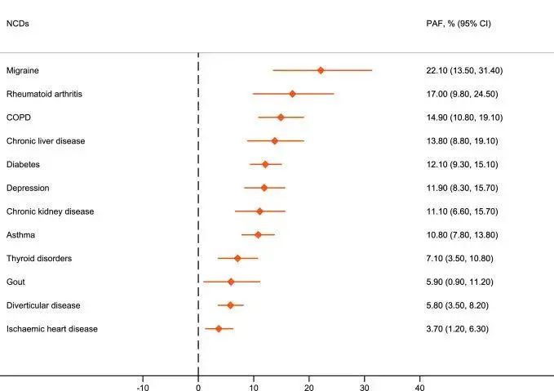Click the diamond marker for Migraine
321,70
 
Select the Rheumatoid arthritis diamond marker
292,94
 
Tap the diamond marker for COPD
281,118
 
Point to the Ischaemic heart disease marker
219,329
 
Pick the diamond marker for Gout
231,282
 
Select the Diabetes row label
23,165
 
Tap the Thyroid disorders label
39,259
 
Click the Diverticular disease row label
43,305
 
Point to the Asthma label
20,235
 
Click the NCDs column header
18,24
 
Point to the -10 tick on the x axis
143,383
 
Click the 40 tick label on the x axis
420,383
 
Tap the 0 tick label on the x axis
198,383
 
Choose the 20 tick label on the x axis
309,383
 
